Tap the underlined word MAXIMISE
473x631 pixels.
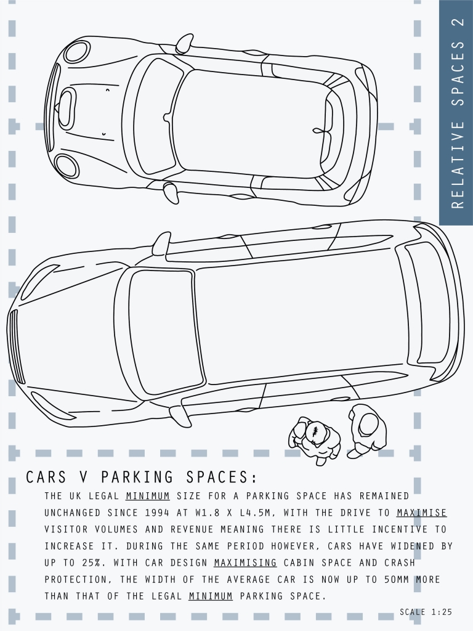point(421,513)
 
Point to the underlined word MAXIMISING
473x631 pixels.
point(245,563)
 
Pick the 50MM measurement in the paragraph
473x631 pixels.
point(397,579)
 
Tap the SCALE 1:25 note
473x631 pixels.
point(426,612)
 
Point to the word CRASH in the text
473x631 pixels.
point(399,563)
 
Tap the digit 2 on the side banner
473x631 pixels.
point(458,25)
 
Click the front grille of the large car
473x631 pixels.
point(15,347)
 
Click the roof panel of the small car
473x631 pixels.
point(251,123)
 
